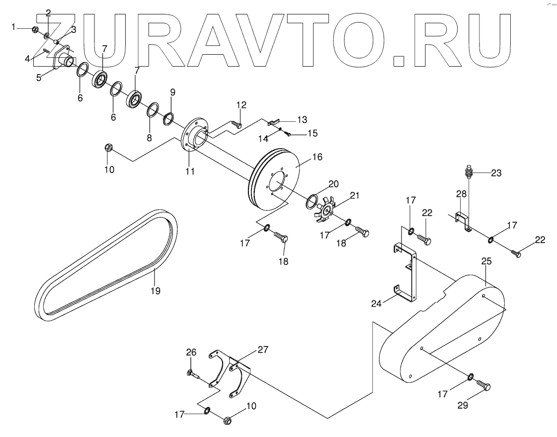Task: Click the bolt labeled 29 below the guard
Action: point(483,385)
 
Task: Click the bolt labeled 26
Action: point(193,374)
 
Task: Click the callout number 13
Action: point(302,119)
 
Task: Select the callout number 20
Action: point(333,184)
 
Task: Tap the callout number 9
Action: point(172,92)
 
